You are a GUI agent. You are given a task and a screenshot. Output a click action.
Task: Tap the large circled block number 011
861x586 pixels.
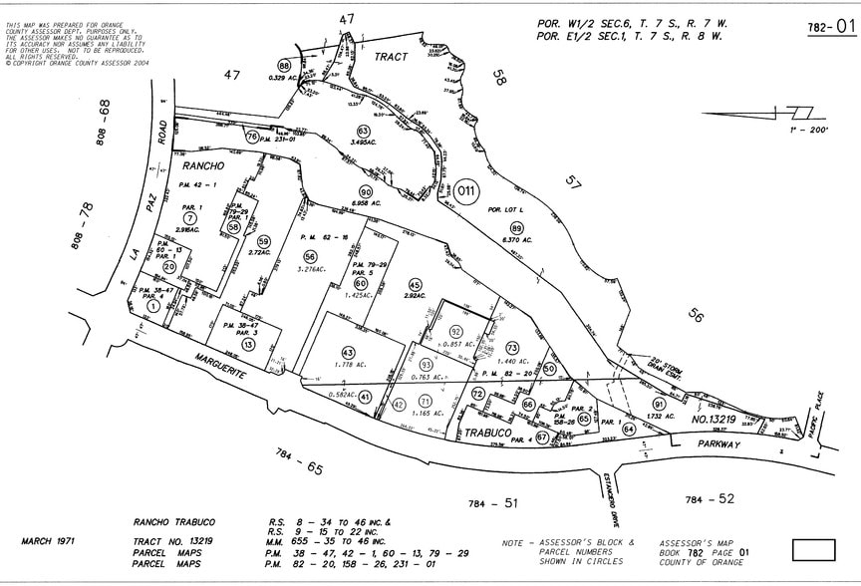click(468, 190)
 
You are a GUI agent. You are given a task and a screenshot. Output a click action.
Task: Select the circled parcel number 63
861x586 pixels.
click(364, 131)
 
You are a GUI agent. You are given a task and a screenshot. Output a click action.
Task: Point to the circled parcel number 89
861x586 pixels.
click(516, 229)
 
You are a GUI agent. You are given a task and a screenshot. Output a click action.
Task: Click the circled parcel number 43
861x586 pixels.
click(348, 352)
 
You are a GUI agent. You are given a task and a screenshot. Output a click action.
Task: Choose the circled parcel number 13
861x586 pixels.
click(248, 344)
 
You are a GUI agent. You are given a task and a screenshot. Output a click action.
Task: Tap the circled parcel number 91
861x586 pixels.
click(658, 404)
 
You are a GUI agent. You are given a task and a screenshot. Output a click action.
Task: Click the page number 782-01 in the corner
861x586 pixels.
click(831, 28)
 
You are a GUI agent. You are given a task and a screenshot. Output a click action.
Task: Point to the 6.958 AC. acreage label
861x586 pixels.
click(365, 202)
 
